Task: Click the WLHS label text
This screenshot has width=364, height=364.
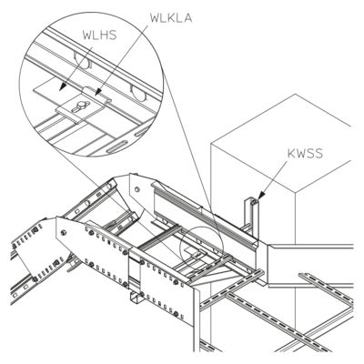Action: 99,35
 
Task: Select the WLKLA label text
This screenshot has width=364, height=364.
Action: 171,18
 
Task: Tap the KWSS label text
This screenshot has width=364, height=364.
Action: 305,154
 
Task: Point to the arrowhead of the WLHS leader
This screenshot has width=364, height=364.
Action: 63,86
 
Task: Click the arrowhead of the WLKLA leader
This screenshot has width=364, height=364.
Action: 98,91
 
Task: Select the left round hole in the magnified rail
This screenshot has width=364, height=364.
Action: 82,62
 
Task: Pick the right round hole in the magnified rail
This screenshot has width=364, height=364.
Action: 138,92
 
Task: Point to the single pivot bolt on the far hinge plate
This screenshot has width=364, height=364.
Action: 136,189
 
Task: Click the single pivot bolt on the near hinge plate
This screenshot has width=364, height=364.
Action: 64,233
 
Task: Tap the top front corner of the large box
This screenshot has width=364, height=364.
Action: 296,192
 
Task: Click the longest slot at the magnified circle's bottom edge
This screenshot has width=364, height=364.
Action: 116,147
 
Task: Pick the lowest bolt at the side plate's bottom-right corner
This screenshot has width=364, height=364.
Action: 176,313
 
